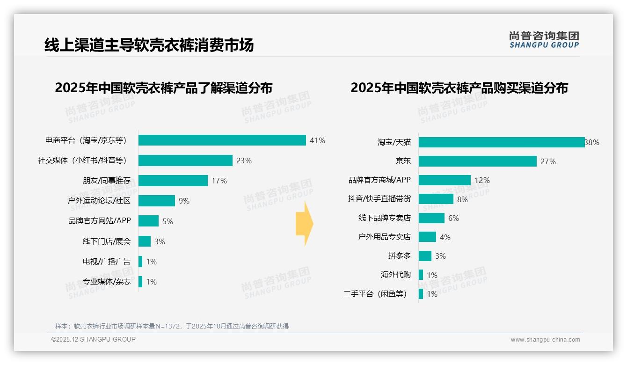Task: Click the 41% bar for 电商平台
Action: [222, 140]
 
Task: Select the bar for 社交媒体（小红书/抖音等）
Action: [185, 161]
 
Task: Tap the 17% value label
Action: [219, 181]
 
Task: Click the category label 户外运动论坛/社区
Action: [99, 201]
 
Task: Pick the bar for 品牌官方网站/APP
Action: [148, 221]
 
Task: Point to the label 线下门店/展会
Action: [107, 241]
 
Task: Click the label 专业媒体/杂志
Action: [107, 282]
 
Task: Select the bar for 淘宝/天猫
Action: [502, 142]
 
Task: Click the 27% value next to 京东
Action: [548, 161]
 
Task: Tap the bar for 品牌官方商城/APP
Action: [445, 180]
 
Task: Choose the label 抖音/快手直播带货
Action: [379, 199]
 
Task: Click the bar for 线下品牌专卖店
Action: [431, 218]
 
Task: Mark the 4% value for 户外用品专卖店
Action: [445, 237]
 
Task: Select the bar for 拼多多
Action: [425, 256]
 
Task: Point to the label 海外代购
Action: [395, 275]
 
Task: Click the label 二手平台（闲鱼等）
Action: [375, 294]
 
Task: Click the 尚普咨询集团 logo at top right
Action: [544, 39]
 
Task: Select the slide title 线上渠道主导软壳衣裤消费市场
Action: [149, 45]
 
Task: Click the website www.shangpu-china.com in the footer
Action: [545, 340]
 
